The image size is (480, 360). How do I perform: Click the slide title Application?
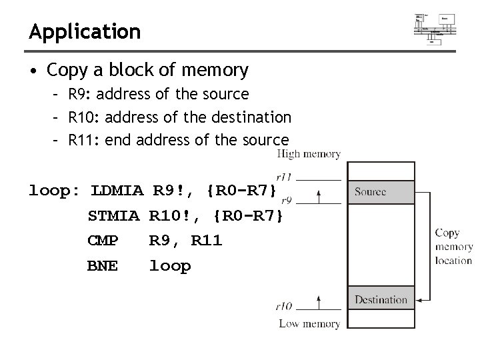(85, 31)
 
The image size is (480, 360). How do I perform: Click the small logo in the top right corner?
(435, 27)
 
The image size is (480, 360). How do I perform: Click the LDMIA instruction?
(117, 191)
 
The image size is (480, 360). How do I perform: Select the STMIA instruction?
(113, 216)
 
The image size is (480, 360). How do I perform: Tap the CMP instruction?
(103, 241)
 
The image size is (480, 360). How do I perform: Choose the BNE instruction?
(103, 266)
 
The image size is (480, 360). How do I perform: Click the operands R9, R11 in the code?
(185, 241)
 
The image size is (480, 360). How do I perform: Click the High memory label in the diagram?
(309, 154)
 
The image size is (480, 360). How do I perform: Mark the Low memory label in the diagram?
(309, 324)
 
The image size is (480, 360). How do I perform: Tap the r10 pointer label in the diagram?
(284, 306)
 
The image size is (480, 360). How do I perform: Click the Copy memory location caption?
(453, 247)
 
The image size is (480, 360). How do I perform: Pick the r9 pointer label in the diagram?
(286, 199)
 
